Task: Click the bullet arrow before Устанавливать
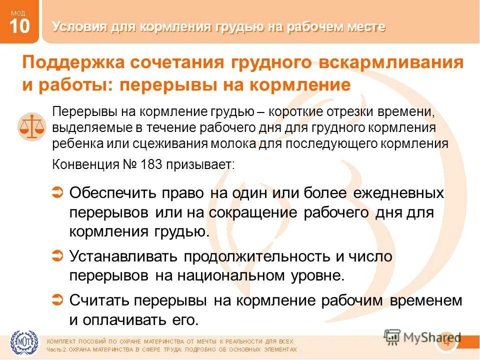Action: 57,256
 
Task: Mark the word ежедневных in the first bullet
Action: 398,192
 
